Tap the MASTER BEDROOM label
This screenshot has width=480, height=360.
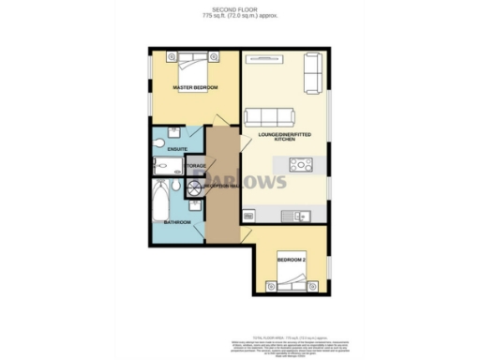click(x=195, y=88)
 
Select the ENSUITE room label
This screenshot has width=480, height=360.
click(x=178, y=149)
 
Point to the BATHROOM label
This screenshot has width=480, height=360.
click(x=177, y=222)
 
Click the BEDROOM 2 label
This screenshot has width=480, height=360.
click(x=290, y=258)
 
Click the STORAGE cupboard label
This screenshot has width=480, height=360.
click(x=195, y=166)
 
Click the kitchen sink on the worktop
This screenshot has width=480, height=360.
click(x=302, y=216)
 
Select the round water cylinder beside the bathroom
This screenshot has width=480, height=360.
click(x=194, y=187)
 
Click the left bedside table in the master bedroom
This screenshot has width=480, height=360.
click(x=171, y=56)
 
